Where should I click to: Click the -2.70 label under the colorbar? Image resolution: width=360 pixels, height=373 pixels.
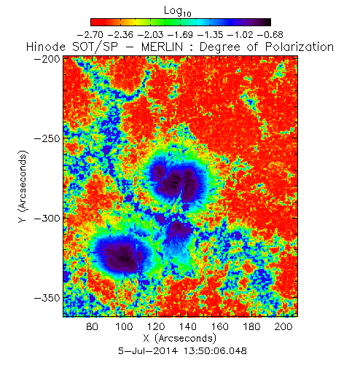(90, 35)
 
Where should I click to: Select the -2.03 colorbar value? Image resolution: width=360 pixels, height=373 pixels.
(150, 35)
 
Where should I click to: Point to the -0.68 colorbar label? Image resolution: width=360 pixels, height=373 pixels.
(270, 35)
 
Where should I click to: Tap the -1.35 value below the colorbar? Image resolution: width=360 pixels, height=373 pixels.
(210, 35)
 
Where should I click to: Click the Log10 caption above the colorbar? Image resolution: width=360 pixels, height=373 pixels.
(178, 12)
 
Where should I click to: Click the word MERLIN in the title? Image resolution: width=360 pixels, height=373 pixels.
(162, 47)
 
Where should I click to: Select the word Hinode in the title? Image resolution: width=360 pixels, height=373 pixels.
(46, 47)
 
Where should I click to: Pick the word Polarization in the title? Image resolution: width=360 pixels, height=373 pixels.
(300, 47)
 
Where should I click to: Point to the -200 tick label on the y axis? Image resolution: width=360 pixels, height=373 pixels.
(47, 59)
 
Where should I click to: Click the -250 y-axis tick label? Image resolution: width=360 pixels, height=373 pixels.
(47, 138)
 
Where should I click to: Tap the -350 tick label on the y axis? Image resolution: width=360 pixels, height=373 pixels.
(47, 298)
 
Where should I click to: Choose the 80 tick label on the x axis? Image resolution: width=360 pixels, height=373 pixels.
(92, 326)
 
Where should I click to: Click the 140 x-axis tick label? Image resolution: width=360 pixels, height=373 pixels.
(188, 326)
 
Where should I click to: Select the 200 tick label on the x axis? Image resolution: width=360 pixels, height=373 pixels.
(283, 326)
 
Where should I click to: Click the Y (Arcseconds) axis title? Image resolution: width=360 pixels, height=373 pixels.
(23, 186)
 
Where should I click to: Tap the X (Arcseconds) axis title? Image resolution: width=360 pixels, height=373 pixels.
(179, 338)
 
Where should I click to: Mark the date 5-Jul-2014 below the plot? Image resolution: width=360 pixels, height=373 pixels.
(148, 351)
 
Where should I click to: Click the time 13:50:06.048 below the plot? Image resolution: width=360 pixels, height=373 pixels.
(215, 351)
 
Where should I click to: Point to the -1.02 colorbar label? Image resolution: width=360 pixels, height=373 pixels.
(240, 35)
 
